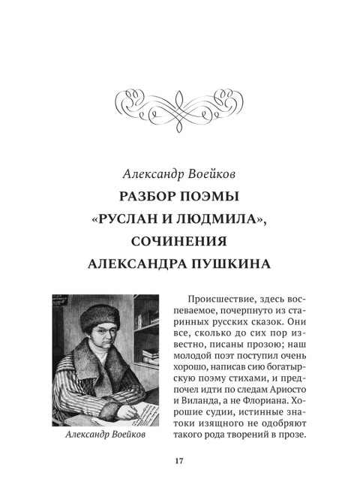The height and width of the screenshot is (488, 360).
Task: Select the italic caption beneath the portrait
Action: coord(105,435)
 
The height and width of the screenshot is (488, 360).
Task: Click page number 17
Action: coord(179,461)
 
